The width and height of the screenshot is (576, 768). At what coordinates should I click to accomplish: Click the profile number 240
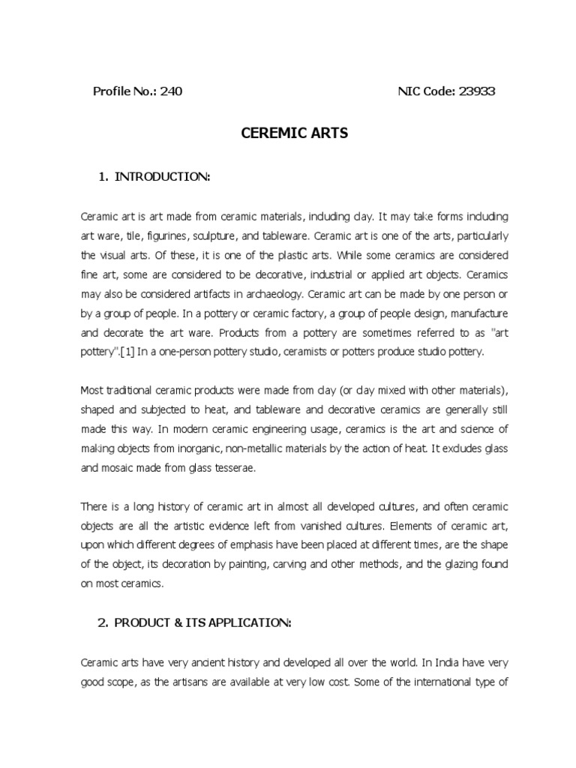coord(169,91)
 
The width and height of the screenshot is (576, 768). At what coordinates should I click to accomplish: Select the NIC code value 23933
coord(473,91)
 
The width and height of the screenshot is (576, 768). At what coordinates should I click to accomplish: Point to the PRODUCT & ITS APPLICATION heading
coord(193,622)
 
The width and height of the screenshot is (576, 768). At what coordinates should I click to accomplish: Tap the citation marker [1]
coord(123,352)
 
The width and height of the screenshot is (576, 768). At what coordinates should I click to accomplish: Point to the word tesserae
coord(235,468)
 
